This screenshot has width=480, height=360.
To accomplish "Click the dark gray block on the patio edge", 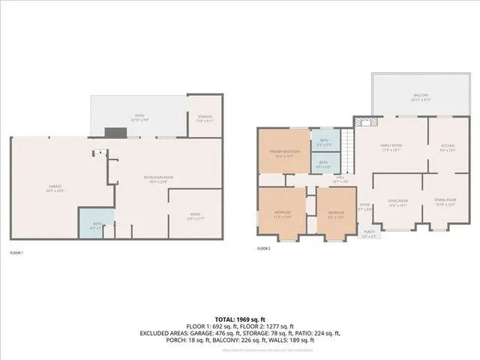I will (x=116, y=133).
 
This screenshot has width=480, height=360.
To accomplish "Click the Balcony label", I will (x=420, y=97).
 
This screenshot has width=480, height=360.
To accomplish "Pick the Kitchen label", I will (x=447, y=147).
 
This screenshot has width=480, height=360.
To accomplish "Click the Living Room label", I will (x=397, y=202).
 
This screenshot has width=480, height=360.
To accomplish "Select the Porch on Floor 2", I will (x=369, y=233).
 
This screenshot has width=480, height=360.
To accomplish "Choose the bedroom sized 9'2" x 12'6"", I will (x=334, y=214).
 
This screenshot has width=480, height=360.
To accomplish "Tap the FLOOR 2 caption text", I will (x=263, y=248).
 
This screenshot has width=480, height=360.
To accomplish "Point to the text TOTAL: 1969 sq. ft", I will (x=239, y=320).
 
